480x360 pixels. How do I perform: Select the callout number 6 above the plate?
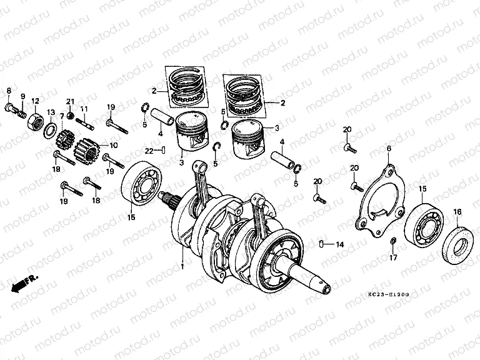(x=388, y=148)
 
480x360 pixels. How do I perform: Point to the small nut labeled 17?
(x=393, y=241)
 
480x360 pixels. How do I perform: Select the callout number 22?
(x=149, y=150)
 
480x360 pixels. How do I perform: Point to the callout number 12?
(x=35, y=101)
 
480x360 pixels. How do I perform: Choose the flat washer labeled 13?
(x=48, y=130)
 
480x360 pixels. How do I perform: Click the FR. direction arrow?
(x=23, y=282)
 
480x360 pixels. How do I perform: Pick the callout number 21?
(x=71, y=102)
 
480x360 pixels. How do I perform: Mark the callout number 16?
(x=457, y=212)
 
